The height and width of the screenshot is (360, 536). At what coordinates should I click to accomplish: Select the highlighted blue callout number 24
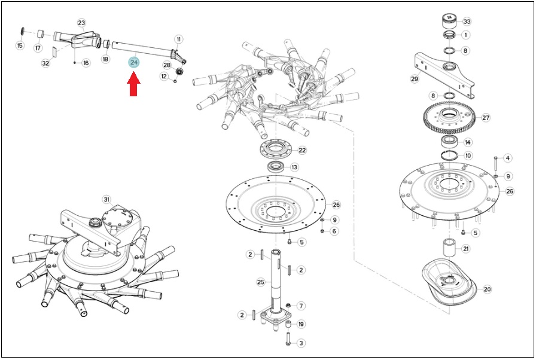(133, 63)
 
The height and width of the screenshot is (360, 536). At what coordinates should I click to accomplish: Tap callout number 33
(467, 22)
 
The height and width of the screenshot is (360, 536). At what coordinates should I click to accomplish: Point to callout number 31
(106, 200)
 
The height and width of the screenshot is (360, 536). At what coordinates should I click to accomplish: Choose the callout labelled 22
(302, 150)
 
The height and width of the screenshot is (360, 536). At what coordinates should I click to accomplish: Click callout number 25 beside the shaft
(261, 282)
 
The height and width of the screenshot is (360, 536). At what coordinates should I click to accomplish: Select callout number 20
(487, 289)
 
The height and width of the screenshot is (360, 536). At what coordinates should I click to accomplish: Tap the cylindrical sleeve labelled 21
(450, 248)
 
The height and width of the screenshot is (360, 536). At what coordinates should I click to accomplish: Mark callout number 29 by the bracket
(415, 79)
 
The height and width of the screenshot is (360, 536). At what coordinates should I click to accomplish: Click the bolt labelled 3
(288, 338)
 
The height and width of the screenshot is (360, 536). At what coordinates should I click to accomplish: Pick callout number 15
(20, 45)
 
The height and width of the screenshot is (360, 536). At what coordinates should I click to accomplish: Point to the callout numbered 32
(45, 63)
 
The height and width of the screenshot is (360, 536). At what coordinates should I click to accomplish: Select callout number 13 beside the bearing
(294, 167)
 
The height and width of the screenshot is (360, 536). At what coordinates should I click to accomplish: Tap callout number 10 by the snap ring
(468, 155)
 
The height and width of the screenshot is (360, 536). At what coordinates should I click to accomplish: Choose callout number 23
(81, 23)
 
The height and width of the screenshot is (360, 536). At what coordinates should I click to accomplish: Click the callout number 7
(301, 306)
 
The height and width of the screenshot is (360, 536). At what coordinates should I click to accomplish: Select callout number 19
(301, 324)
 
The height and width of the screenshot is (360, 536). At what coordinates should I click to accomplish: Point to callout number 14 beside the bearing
(468, 142)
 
